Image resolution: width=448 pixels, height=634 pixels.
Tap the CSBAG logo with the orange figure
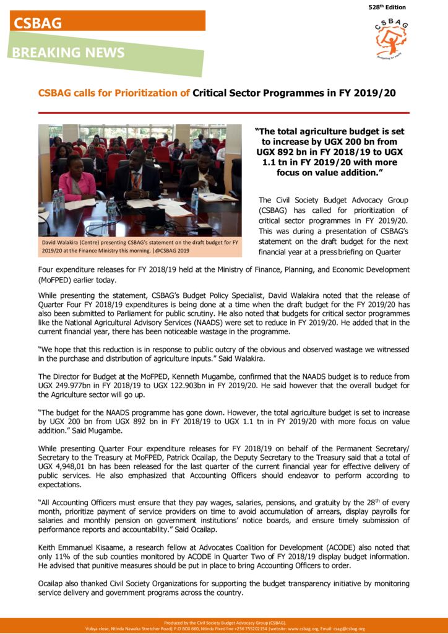(391, 39)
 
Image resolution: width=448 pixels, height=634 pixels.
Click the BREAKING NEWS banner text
(69, 53)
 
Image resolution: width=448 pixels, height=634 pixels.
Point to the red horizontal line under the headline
(223, 113)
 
